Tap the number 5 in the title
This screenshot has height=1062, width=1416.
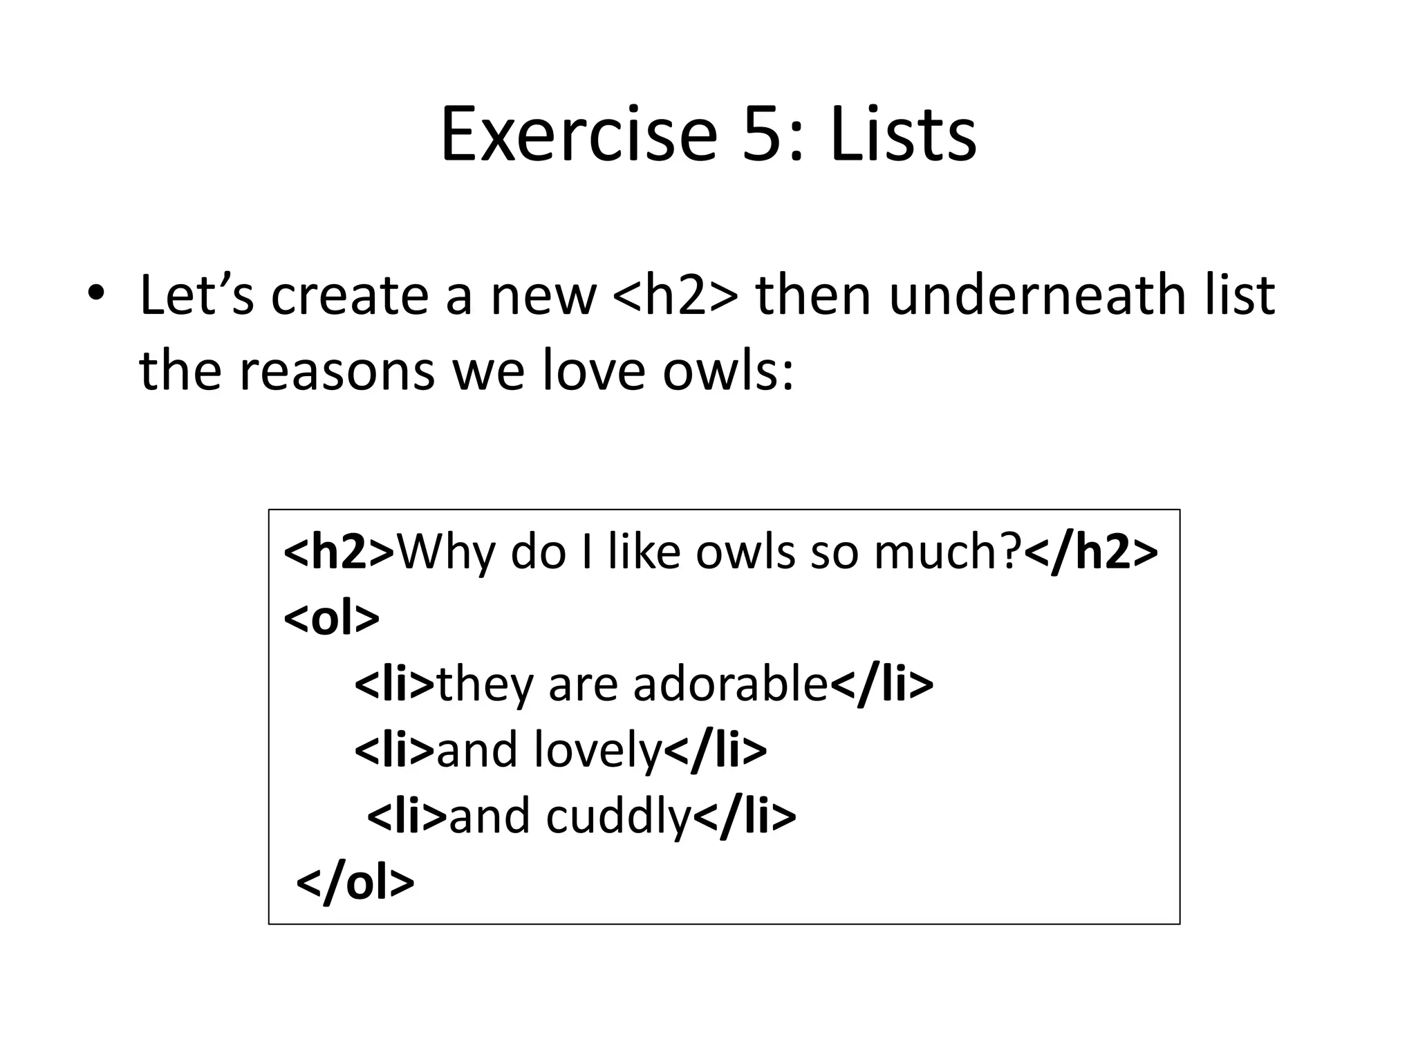(x=763, y=135)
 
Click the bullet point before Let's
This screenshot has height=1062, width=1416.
(x=95, y=294)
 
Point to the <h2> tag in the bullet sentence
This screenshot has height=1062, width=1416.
(x=675, y=296)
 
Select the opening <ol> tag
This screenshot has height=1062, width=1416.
(x=331, y=618)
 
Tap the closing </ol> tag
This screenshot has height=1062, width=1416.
(x=355, y=882)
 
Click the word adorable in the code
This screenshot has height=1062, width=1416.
(x=730, y=684)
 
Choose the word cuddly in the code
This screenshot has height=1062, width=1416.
(x=619, y=817)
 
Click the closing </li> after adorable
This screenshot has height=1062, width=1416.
(x=882, y=684)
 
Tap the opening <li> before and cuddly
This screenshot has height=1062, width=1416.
(x=407, y=817)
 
